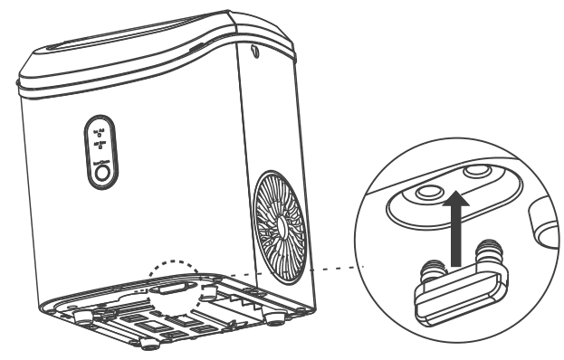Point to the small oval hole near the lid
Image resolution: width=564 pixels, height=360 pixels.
pos(253,53)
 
